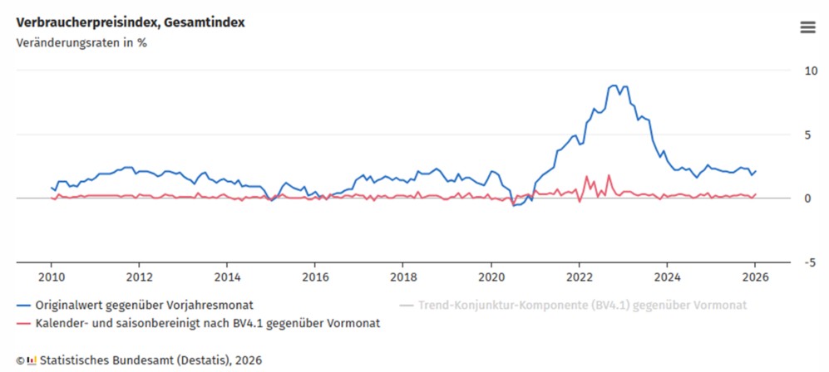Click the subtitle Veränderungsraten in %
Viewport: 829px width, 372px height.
[x=81, y=43]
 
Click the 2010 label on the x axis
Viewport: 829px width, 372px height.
[x=52, y=277]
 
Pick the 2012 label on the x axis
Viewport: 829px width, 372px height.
[x=140, y=277]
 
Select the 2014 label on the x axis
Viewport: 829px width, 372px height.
[x=228, y=277]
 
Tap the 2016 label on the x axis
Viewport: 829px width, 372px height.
[x=315, y=277]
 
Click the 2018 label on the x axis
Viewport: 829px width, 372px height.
[x=403, y=277]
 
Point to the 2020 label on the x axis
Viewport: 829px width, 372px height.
[x=491, y=277]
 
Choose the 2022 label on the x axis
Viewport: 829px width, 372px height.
[x=580, y=277]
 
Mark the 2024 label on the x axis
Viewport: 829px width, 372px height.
[x=668, y=277]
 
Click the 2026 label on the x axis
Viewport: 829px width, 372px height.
[x=756, y=277]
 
